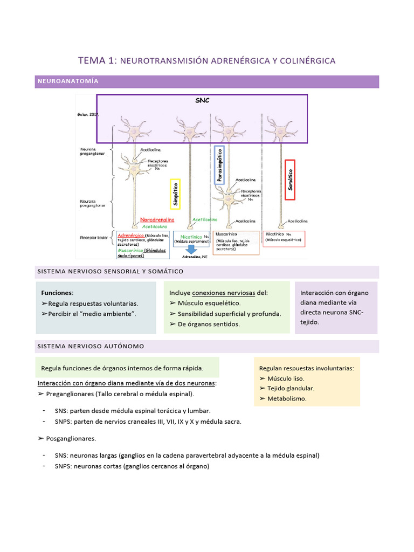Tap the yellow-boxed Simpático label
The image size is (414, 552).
[x=174, y=194]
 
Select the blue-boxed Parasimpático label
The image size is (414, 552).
[x=219, y=165]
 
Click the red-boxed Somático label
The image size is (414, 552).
[x=289, y=180]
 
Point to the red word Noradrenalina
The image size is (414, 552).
[x=157, y=220]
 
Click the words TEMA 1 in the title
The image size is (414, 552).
[x=97, y=61]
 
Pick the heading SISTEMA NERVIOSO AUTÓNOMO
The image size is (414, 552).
[x=90, y=346]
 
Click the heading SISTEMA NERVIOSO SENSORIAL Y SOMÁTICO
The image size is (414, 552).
[x=110, y=271]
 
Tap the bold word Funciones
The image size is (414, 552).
[x=57, y=293]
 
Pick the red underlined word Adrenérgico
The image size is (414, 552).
[x=130, y=236]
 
